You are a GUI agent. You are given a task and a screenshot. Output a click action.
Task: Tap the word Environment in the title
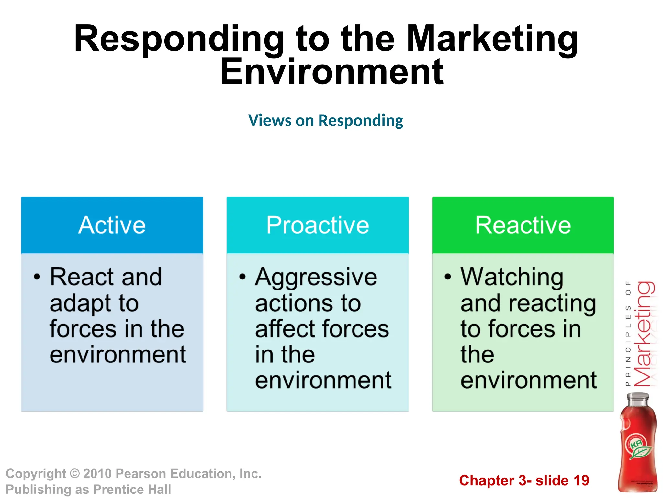[331, 72]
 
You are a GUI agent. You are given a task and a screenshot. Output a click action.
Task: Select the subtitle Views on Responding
[326, 121]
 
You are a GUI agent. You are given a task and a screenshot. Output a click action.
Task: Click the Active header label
[112, 225]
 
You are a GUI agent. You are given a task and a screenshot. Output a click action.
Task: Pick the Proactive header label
[318, 225]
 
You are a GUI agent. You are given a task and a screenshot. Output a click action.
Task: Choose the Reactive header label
[523, 225]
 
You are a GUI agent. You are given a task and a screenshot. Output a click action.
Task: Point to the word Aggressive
[316, 278]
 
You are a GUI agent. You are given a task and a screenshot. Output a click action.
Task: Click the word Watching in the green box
[512, 278]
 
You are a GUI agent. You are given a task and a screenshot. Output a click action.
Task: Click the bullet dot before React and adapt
[37, 277]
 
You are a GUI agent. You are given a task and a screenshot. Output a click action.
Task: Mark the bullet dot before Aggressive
[242, 277]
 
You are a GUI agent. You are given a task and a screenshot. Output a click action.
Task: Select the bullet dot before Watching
[448, 277]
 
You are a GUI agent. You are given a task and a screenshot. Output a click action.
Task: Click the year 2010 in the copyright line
[97, 474]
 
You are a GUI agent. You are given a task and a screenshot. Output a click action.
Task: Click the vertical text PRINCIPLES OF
[628, 334]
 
